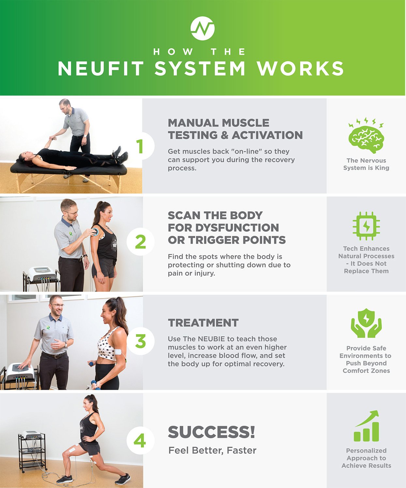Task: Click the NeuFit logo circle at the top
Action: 203,28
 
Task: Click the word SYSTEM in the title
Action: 200,69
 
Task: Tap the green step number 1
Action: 140,146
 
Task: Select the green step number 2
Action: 140,242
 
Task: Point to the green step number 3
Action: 140,342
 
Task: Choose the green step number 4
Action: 140,441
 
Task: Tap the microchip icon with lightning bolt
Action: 366,226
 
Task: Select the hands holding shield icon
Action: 366,323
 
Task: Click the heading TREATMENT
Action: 203,323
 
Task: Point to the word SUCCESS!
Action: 211,432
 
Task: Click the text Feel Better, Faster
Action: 212,451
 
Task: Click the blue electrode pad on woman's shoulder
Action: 95,232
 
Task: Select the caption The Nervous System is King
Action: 366,164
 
